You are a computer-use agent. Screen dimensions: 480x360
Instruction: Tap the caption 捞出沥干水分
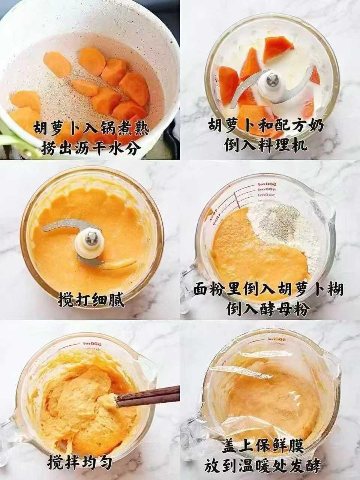point(91,148)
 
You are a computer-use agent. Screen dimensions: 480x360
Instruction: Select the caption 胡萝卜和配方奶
point(266,126)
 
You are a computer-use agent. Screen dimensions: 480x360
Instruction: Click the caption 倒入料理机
point(266,145)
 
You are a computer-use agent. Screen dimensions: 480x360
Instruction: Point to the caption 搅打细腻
point(91,300)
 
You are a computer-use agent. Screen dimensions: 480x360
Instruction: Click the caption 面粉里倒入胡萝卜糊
point(268,290)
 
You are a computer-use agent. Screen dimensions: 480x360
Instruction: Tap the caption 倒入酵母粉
point(268,309)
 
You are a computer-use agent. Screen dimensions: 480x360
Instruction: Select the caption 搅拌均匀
point(80,462)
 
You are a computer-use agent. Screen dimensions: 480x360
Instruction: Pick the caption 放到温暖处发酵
point(262,466)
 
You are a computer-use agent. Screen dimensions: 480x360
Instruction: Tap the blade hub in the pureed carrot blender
point(89,242)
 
